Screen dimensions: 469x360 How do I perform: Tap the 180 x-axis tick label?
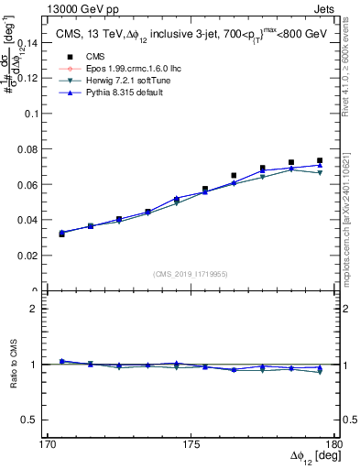coord(335,444)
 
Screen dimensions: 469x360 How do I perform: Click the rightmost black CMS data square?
coord(320,160)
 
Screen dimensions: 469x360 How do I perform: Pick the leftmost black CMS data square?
coord(61,234)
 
